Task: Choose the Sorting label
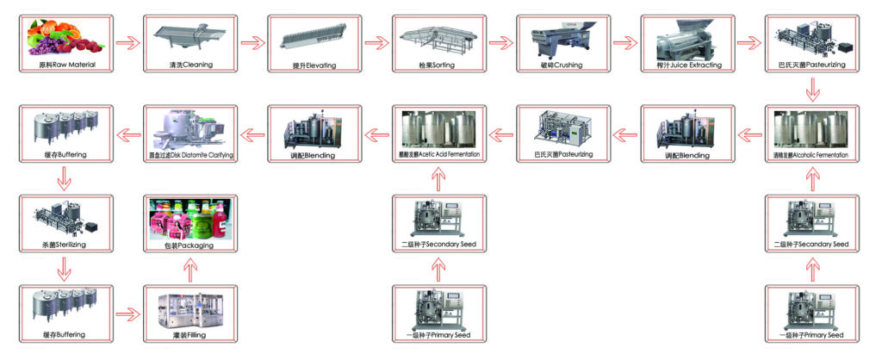(x=438, y=65)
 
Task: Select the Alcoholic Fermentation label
(x=811, y=155)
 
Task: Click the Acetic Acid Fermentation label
(x=438, y=155)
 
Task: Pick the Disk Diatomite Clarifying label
(x=191, y=155)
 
